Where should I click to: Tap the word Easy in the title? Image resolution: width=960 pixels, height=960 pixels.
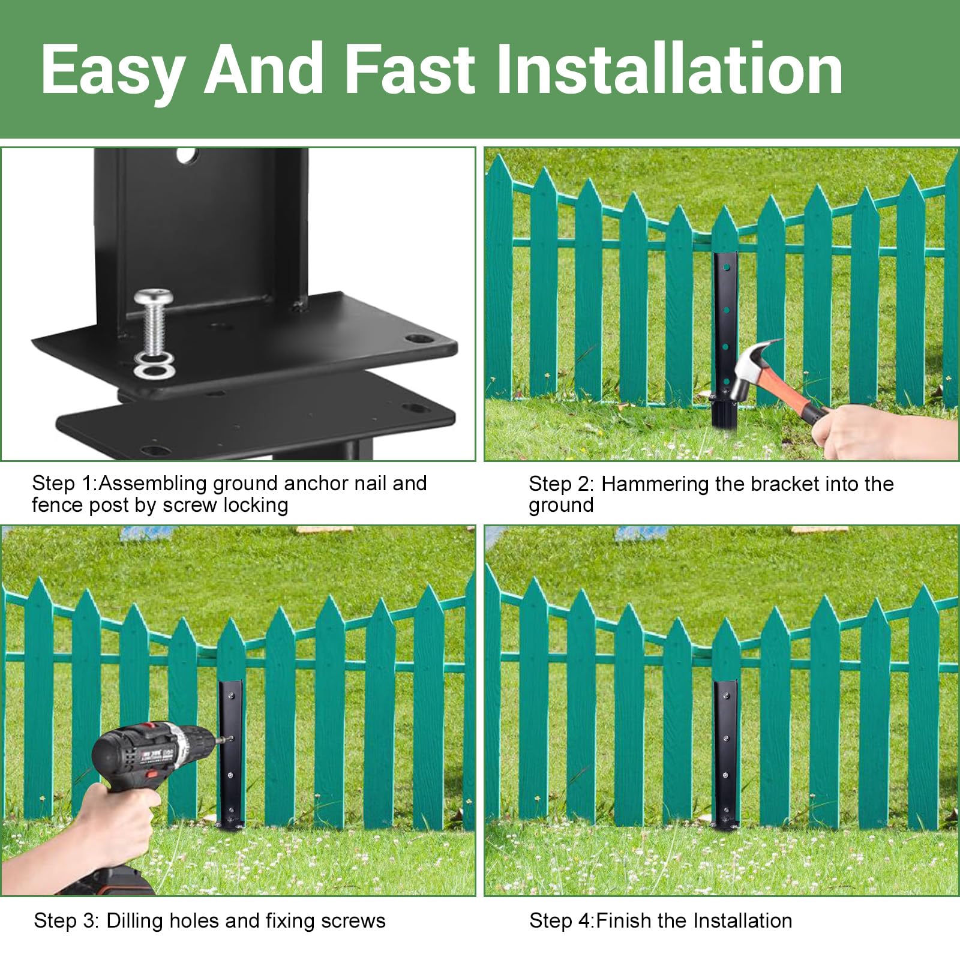point(112,71)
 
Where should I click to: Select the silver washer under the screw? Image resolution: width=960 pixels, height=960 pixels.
point(155,364)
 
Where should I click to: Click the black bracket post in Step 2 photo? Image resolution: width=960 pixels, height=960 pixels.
point(725,336)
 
